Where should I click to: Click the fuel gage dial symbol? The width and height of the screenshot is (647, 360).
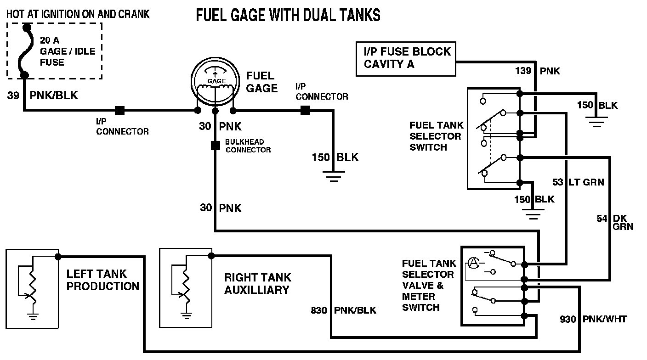coord(215,83)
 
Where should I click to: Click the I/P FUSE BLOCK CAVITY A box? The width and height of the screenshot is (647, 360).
coord(406,58)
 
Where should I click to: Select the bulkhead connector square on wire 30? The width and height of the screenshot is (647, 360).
coord(215,146)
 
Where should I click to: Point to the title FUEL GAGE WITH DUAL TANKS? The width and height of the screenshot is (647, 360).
coord(288,15)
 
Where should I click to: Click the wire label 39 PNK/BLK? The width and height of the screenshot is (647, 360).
coord(43,96)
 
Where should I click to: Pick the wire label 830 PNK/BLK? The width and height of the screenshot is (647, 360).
coord(343,310)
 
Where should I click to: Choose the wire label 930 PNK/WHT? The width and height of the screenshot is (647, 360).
coord(593,319)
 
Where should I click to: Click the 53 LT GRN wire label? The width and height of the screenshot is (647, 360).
coord(578,182)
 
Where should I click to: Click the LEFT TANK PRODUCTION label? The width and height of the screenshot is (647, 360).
coord(102,280)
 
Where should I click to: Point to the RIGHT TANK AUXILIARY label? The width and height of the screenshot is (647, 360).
coord(257,283)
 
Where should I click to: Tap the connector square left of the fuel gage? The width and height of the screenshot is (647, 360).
coord(119,110)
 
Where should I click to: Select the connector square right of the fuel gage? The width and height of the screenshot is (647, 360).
coord(305,110)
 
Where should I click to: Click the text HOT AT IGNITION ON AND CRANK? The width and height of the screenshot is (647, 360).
coord(78,14)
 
